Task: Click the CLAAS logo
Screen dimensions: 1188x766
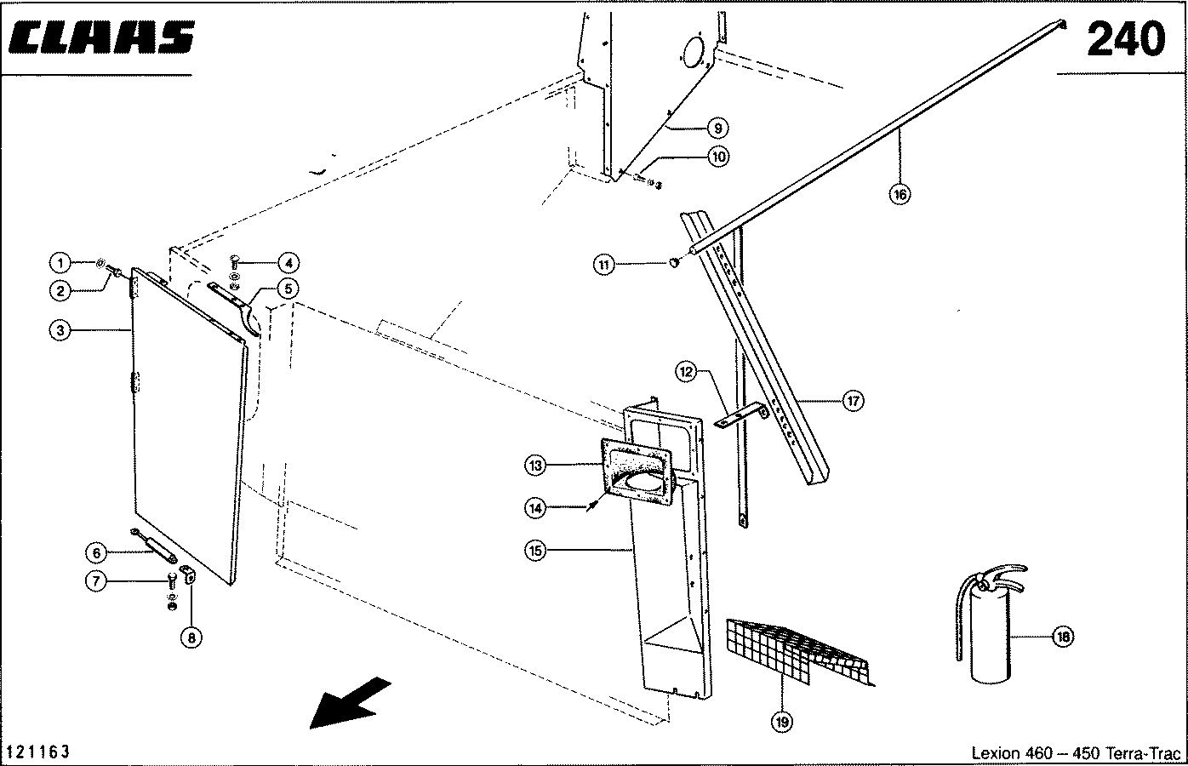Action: [101, 37]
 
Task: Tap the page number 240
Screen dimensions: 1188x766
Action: [1126, 39]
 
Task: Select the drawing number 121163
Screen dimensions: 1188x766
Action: [37, 752]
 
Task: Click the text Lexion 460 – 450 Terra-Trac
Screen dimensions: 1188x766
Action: [1076, 752]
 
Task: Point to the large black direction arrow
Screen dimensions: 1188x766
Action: [350, 703]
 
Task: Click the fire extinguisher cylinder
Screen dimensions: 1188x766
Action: [991, 636]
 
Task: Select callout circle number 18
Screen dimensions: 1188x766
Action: [1063, 637]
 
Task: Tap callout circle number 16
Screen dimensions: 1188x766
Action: [900, 195]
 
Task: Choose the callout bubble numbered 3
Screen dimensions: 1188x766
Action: [60, 330]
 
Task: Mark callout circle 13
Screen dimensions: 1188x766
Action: [535, 466]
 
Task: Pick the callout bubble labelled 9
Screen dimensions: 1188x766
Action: [717, 128]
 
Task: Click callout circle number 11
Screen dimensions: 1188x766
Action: [603, 264]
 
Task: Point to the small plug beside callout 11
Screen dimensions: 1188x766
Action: [674, 262]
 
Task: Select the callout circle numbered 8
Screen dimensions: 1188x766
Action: [191, 637]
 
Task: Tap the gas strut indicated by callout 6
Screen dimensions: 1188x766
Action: [154, 545]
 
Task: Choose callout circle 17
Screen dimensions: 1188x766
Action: [853, 401]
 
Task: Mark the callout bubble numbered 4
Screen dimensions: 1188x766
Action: [288, 263]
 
